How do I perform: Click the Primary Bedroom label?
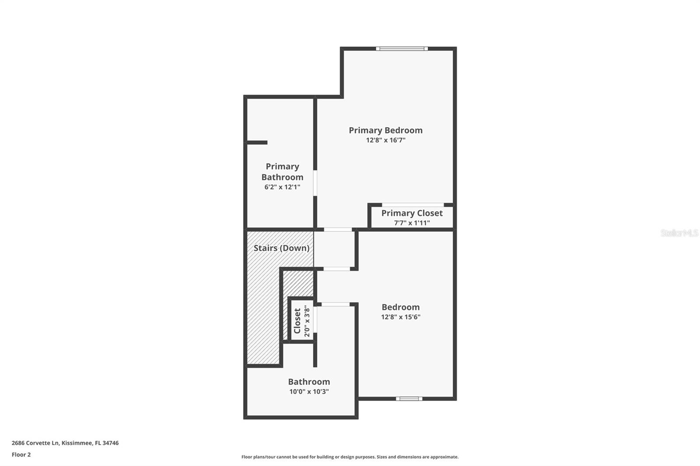tap(385, 130)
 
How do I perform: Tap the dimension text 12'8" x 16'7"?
tap(385, 140)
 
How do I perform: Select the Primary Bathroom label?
tap(282, 172)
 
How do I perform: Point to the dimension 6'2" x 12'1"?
tap(282, 187)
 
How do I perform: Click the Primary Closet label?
tap(412, 213)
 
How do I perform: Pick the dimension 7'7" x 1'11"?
tap(412, 223)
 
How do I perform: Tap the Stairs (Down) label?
tap(281, 248)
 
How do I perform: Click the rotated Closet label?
tap(297, 321)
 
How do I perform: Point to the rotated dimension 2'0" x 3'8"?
tap(307, 321)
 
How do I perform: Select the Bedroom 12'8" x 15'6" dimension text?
tap(400, 317)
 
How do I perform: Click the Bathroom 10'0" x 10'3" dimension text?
tap(309, 392)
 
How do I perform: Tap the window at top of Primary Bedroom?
tap(402, 49)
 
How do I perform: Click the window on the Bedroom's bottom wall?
tap(409, 399)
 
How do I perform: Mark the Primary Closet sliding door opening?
tap(413, 205)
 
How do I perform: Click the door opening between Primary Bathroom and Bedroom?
tap(315, 183)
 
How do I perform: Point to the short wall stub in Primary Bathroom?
tap(257, 143)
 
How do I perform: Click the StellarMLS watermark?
tap(679, 233)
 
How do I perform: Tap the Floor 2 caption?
tap(21, 455)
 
